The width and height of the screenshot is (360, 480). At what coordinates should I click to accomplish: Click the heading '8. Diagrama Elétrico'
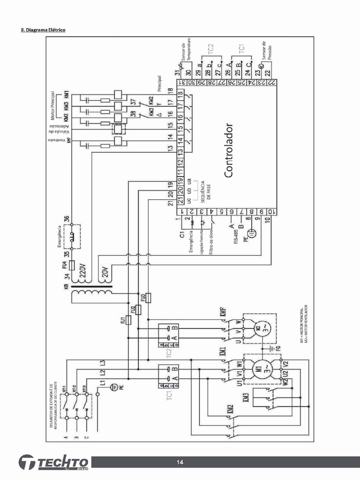(x=44, y=30)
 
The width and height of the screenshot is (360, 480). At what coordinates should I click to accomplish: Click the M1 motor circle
(x=259, y=367)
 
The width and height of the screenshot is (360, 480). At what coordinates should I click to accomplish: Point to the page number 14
(x=180, y=463)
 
